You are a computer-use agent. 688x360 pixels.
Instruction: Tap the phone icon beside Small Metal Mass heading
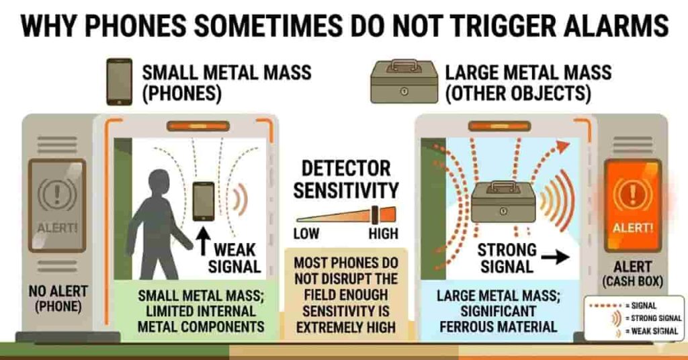(120, 82)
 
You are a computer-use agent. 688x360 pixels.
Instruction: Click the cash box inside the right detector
(502, 201)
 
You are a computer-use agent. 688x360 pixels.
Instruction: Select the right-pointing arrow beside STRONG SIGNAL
(554, 257)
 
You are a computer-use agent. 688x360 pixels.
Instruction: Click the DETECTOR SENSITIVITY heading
(345, 179)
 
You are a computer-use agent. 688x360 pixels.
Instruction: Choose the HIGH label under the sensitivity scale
(383, 234)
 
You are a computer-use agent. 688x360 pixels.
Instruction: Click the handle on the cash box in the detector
(502, 186)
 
